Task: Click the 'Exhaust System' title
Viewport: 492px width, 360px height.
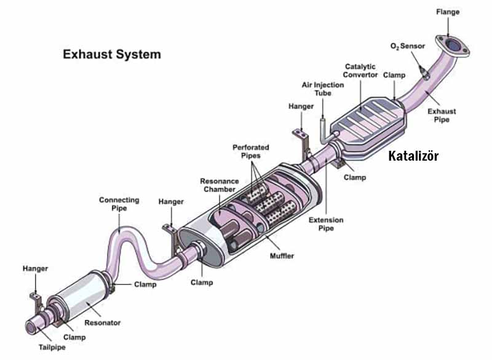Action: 111,54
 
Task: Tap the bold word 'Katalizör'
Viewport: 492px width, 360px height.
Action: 413,156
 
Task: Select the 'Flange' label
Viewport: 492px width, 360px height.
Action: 447,12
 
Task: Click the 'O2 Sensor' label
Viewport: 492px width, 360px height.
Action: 407,46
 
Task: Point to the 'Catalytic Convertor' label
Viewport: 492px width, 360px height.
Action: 360,70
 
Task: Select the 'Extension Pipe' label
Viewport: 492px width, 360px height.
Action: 326,224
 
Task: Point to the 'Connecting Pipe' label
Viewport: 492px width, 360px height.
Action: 119,204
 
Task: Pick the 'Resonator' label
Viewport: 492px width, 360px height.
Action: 103,322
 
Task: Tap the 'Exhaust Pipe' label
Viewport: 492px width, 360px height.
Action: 442,115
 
